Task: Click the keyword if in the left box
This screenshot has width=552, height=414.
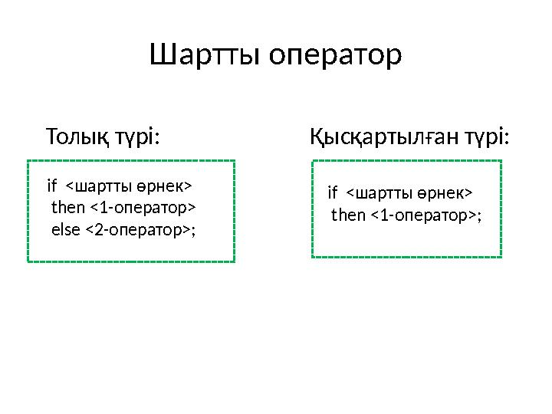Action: (x=52, y=186)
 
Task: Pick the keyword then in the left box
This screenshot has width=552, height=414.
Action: (x=68, y=208)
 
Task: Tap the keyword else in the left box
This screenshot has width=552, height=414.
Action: (x=65, y=229)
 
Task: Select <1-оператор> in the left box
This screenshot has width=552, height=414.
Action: (x=143, y=208)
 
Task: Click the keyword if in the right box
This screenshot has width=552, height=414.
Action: (x=333, y=192)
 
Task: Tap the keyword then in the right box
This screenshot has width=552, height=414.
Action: (x=349, y=215)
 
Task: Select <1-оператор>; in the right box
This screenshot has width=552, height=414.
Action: (x=426, y=215)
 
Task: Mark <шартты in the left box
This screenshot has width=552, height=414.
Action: (x=93, y=186)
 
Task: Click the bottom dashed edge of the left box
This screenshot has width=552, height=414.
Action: (x=131, y=262)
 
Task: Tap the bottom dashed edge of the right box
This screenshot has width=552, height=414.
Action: (x=407, y=257)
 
